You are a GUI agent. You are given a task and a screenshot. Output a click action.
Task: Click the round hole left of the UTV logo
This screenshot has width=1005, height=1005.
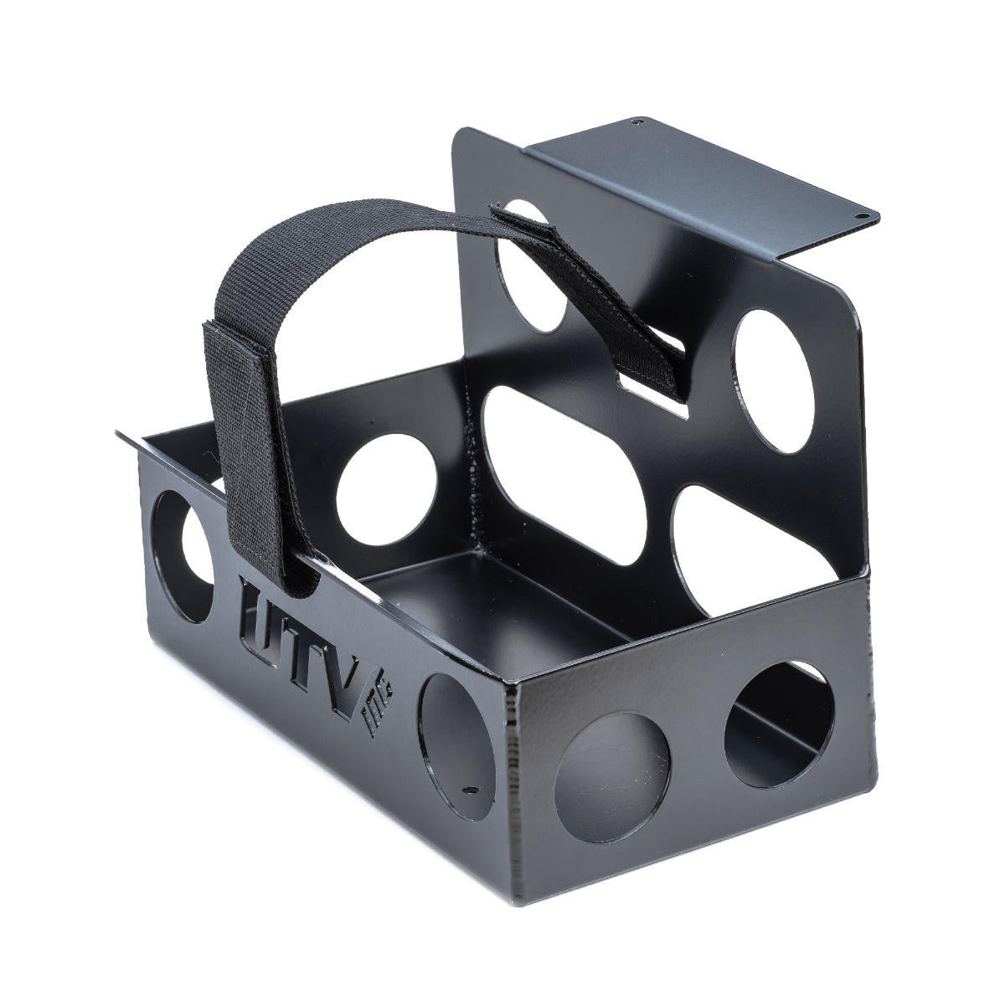[x=183, y=556]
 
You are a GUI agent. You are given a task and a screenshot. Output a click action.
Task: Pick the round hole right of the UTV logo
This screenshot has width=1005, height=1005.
[x=456, y=745]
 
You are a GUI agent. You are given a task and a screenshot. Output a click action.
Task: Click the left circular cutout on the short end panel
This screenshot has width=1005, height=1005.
[x=612, y=777]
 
